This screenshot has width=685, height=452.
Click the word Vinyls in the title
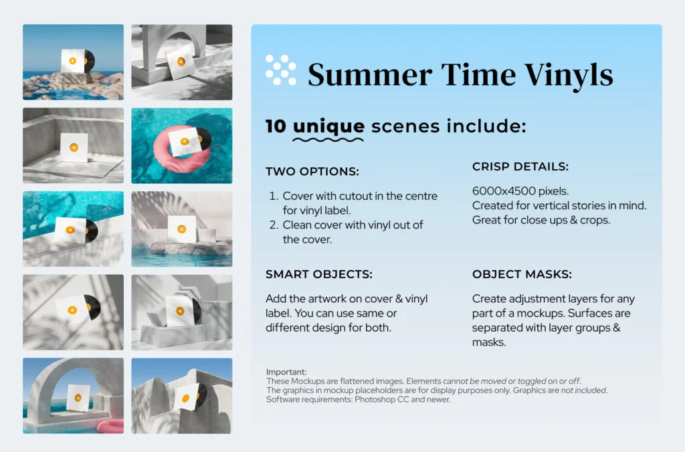[569, 75]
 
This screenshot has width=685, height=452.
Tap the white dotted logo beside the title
[281, 70]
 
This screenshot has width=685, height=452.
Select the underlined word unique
[328, 126]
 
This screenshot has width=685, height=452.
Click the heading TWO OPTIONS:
[312, 171]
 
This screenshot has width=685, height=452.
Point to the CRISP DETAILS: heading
[520, 166]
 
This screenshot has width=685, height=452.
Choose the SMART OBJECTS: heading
[319, 274]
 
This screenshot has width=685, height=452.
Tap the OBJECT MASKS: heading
[522, 274]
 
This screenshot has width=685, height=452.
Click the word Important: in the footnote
[286, 372]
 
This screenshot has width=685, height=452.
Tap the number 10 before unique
[276, 126]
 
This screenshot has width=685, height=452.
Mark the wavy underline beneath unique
[328, 140]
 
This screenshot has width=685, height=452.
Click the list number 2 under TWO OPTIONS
[274, 225]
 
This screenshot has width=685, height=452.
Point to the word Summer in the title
[370, 75]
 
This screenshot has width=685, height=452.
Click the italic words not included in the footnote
[583, 390]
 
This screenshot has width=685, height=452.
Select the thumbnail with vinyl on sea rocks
[74, 62]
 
